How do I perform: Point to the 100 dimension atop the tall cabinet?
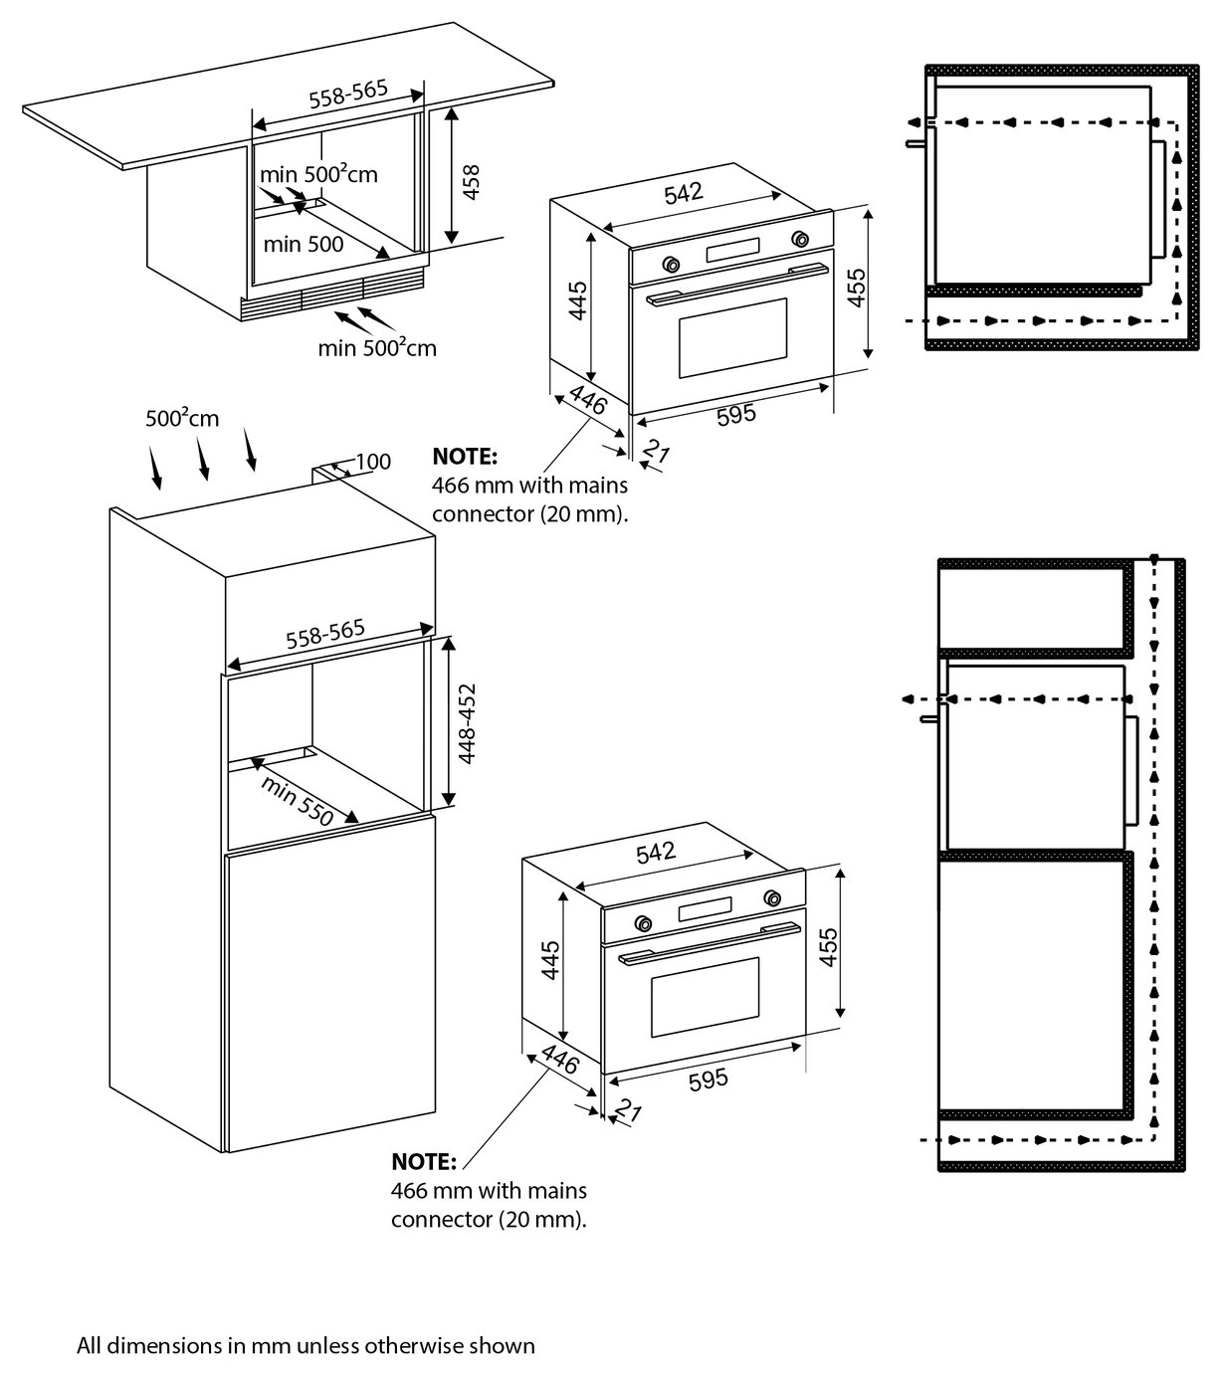click(372, 462)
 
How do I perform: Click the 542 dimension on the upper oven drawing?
click(683, 193)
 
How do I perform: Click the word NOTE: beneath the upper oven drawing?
click(464, 458)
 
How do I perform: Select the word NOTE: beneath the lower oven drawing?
click(424, 1162)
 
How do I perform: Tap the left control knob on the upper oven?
click(671, 264)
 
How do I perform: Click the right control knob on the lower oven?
click(772, 898)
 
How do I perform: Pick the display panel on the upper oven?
click(733, 252)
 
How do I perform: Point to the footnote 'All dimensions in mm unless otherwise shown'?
click(306, 1346)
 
